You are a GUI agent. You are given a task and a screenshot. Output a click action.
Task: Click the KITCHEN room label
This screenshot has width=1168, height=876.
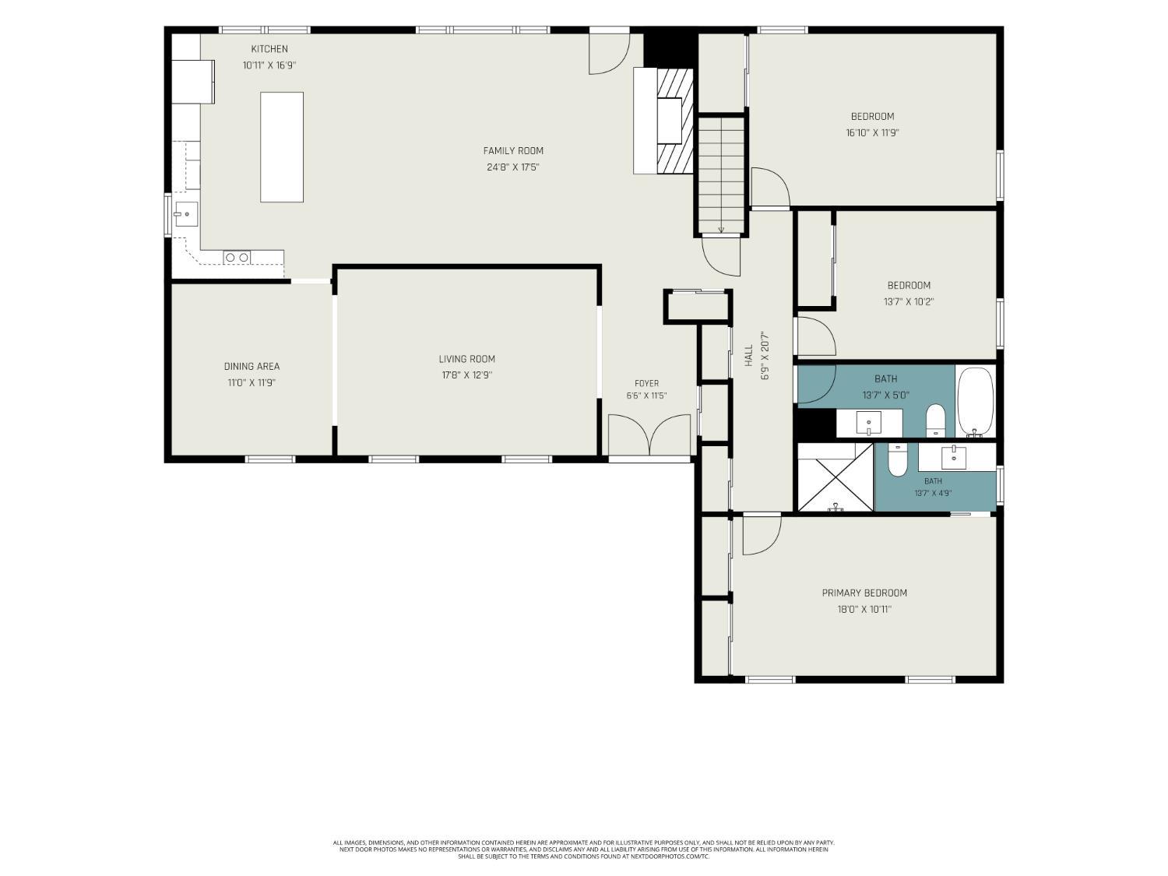click(x=269, y=49)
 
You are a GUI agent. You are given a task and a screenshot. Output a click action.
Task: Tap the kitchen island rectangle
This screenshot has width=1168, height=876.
click(x=282, y=147)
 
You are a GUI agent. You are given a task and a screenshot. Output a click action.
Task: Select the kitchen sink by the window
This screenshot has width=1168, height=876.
click(x=186, y=214)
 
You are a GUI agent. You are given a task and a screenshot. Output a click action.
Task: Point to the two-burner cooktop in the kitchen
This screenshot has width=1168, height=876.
click(x=237, y=258)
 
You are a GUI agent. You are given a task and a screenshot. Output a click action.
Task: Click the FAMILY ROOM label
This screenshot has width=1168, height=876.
click(x=513, y=151)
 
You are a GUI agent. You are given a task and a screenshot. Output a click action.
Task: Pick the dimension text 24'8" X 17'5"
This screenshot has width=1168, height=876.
click(x=513, y=167)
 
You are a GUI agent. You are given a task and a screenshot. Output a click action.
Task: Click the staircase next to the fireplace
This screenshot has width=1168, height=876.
click(x=721, y=175)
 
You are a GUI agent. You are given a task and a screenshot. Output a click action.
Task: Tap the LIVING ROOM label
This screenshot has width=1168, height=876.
click(x=466, y=359)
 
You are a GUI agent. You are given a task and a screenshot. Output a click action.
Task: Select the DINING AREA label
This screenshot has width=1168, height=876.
click(x=252, y=367)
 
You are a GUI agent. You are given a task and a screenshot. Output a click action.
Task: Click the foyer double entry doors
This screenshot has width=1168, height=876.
click(x=649, y=434)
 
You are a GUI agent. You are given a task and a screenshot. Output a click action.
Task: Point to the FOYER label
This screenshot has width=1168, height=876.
click(x=646, y=383)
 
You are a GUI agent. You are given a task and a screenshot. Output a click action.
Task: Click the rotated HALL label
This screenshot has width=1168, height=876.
click(x=749, y=355)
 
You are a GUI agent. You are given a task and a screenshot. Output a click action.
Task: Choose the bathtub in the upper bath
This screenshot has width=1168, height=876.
click(x=976, y=401)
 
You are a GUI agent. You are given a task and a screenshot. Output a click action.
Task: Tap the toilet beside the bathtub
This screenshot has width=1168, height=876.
click(x=935, y=420)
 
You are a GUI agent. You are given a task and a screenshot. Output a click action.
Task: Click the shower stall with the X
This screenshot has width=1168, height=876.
click(x=836, y=477)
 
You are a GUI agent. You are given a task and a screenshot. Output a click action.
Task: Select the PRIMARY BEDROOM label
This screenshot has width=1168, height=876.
click(x=864, y=593)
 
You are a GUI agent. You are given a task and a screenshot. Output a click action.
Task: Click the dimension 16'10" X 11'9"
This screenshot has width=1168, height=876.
click(x=872, y=133)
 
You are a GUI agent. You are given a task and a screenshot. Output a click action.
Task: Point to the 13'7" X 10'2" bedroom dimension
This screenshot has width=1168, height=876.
click(x=909, y=302)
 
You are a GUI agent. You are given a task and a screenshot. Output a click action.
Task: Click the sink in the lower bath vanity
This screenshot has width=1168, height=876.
click(x=954, y=457)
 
